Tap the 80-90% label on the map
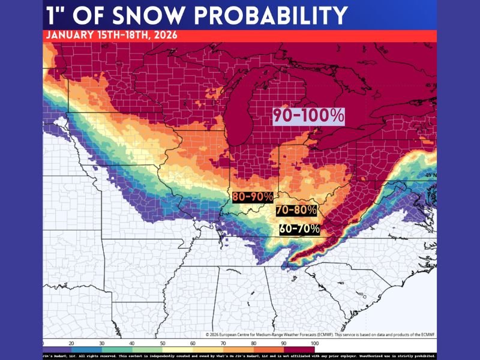(253, 196)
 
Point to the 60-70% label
(299, 229)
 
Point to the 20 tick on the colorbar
(71, 342)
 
